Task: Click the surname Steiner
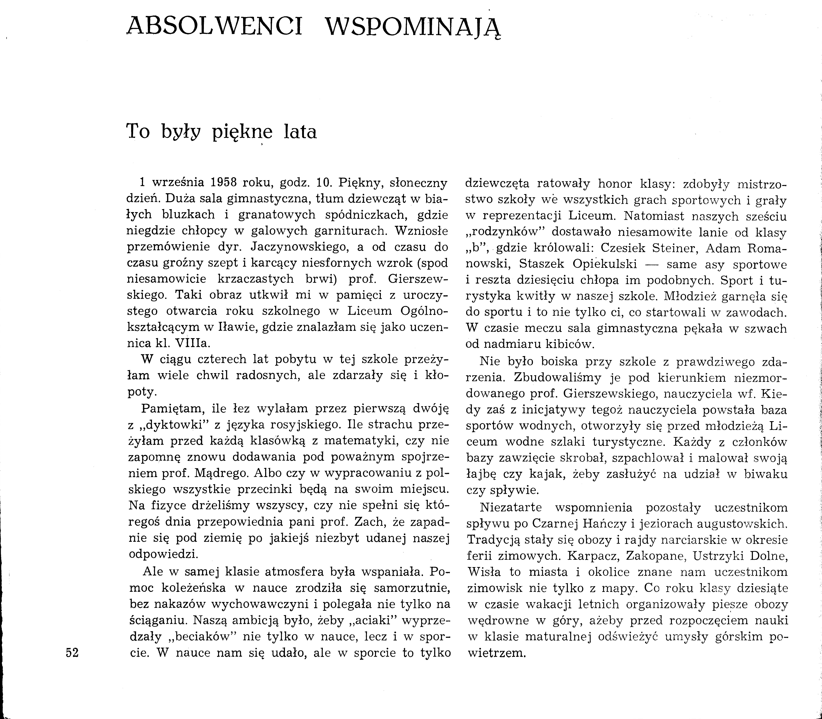tap(674, 248)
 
